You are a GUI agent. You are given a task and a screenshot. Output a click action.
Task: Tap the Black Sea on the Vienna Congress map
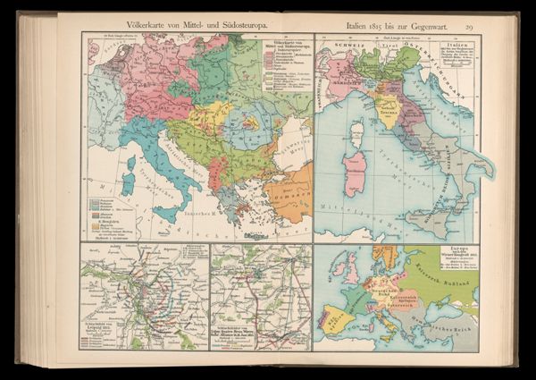click(x=465, y=327)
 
